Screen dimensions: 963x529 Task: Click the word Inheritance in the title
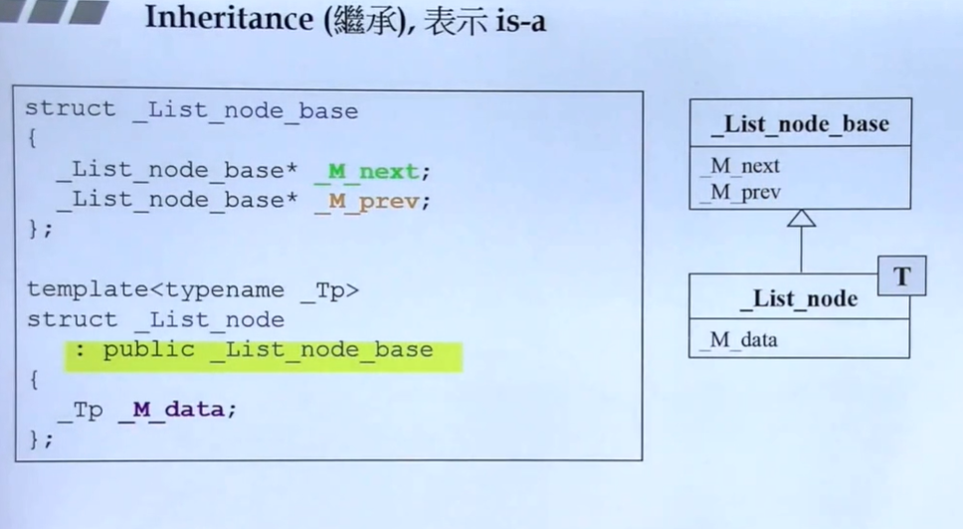pyautogui.click(x=230, y=18)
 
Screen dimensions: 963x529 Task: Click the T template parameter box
pyautogui.click(x=901, y=276)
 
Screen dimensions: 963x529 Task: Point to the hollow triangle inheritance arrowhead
pyautogui.click(x=801, y=218)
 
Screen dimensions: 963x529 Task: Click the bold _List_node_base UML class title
pyautogui.click(x=800, y=124)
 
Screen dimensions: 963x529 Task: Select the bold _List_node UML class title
pyautogui.click(x=798, y=298)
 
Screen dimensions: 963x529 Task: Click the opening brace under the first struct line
pyautogui.click(x=32, y=139)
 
